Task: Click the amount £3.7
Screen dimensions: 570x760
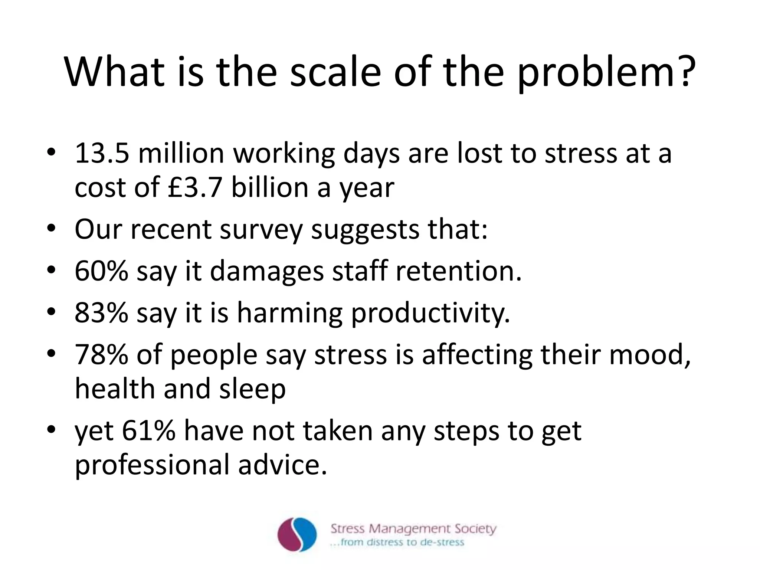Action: click(194, 188)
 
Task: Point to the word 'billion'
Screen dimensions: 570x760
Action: click(270, 188)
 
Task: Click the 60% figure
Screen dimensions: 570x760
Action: click(101, 271)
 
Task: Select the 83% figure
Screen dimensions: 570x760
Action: click(101, 313)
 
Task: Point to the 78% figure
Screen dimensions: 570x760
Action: click(101, 355)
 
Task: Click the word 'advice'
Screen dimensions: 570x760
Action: click(283, 465)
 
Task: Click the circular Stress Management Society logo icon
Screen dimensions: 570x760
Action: click(297, 534)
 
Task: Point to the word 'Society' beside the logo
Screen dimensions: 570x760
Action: click(475, 528)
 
